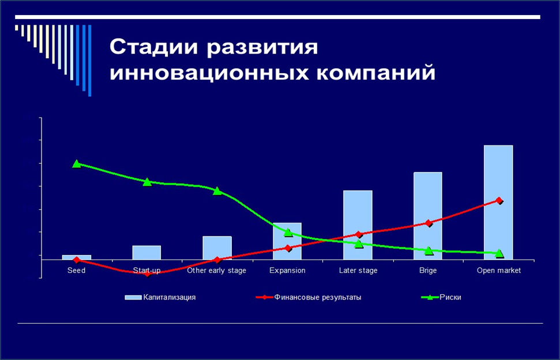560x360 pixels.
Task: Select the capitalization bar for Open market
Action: click(x=498, y=202)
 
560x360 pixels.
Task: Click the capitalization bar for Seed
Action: click(x=77, y=257)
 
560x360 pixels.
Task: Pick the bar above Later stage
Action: click(x=358, y=224)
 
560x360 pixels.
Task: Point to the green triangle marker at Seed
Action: click(x=77, y=164)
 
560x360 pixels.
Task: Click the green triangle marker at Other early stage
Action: click(x=217, y=191)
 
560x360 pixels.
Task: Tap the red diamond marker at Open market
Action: click(x=499, y=201)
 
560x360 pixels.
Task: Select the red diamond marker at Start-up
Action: click(x=147, y=273)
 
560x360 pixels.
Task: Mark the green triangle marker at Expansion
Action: click(x=288, y=232)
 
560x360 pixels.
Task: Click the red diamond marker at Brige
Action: click(x=429, y=223)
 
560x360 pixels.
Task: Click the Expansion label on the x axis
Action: click(x=287, y=271)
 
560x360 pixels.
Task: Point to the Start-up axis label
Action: click(x=146, y=271)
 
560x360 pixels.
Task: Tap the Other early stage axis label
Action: click(x=217, y=271)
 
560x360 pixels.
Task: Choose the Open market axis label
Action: click(x=498, y=271)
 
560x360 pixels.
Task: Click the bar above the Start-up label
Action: click(x=146, y=253)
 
